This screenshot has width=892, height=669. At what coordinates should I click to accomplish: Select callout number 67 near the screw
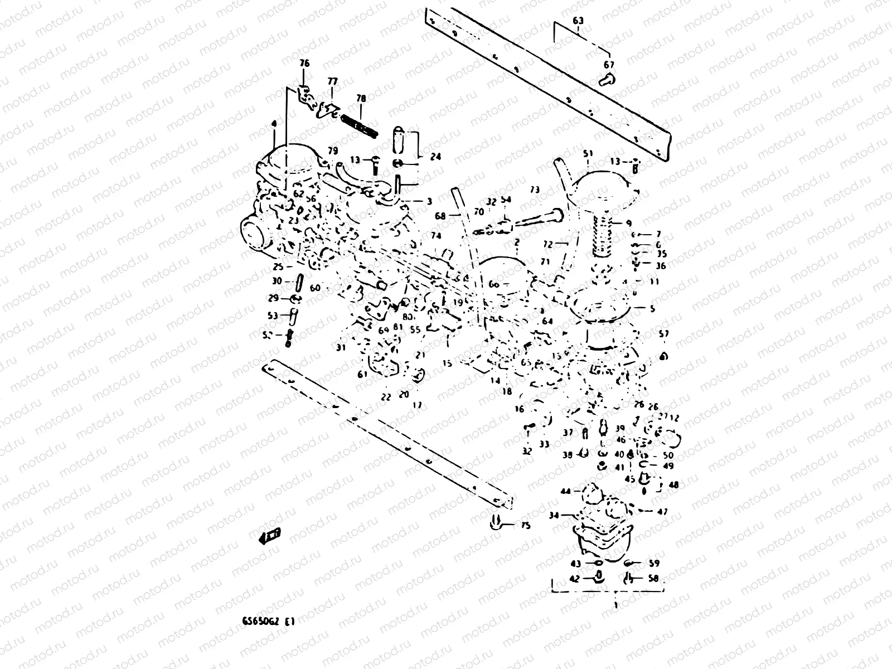tap(608, 65)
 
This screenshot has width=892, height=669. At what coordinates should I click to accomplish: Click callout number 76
tap(304, 64)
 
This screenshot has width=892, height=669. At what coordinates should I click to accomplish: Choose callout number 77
tap(332, 81)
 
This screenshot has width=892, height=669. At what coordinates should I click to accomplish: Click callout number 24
tap(435, 157)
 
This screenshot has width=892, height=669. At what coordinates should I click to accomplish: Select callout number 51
tap(588, 153)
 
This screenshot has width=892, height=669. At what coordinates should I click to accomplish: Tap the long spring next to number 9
tap(604, 237)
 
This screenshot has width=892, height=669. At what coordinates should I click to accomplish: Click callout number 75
tap(526, 526)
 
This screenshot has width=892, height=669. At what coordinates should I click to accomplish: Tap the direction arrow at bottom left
tap(270, 536)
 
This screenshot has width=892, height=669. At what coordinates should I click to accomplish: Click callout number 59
tap(654, 564)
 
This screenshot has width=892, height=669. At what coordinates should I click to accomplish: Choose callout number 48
tap(673, 485)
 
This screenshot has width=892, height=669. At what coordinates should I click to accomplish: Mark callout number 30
tap(277, 282)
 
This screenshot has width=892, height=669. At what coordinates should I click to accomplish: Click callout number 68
tap(440, 216)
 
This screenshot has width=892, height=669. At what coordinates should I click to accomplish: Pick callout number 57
tap(663, 334)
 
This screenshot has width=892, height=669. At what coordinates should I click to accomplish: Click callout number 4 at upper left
tap(274, 123)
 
